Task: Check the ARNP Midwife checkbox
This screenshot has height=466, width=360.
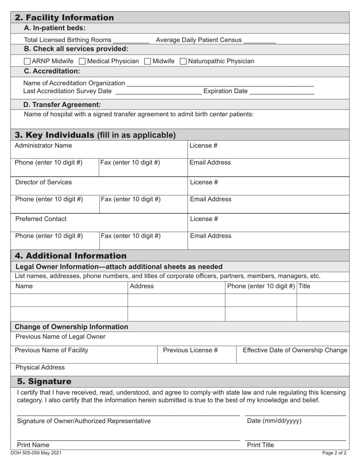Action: point(28,61)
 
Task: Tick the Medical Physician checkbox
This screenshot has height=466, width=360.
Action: point(83,61)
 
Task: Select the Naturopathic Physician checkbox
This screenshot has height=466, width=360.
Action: point(183,61)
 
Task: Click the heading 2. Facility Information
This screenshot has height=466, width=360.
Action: point(64,18)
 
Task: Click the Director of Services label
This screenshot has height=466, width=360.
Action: point(43,182)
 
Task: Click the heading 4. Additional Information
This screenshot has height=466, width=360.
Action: point(70,256)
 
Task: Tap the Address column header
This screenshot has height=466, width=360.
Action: point(142,286)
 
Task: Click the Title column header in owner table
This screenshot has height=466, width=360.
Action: point(304,286)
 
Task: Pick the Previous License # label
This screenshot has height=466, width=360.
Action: point(190,350)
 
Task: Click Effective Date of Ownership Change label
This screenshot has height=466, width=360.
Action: point(295,350)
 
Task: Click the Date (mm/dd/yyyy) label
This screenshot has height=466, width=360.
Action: point(274,421)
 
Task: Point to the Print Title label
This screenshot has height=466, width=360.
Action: point(260,445)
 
